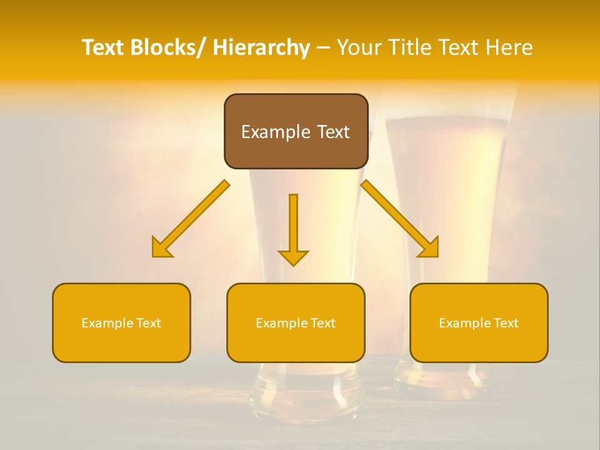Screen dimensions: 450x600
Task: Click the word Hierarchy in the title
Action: click(261, 47)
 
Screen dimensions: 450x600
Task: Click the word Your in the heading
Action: click(359, 47)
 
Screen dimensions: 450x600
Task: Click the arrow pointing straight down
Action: click(293, 231)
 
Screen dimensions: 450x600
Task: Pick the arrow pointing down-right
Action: click(400, 219)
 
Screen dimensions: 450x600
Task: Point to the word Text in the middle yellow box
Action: click(322, 323)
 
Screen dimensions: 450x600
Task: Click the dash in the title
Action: click(323, 47)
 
